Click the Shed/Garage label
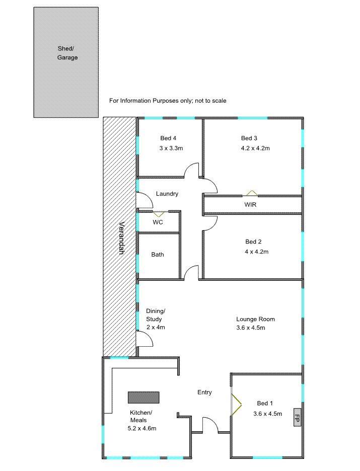pos(67,53)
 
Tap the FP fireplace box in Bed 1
pos(297,417)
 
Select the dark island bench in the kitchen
pos(143,397)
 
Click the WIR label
pos(250,205)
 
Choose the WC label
pos(158,222)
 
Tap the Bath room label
pos(158,255)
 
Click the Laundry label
pos(167,194)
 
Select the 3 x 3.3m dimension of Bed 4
pos(171,148)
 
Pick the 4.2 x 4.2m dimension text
pos(255,148)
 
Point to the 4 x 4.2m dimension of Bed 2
pos(257,252)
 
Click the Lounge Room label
pos(255,319)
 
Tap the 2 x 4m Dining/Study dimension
pos(156,327)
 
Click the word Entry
pos(204,392)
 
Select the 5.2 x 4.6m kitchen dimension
pos(142,428)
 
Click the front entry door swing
pos(210,425)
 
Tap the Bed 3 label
pos(249,138)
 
